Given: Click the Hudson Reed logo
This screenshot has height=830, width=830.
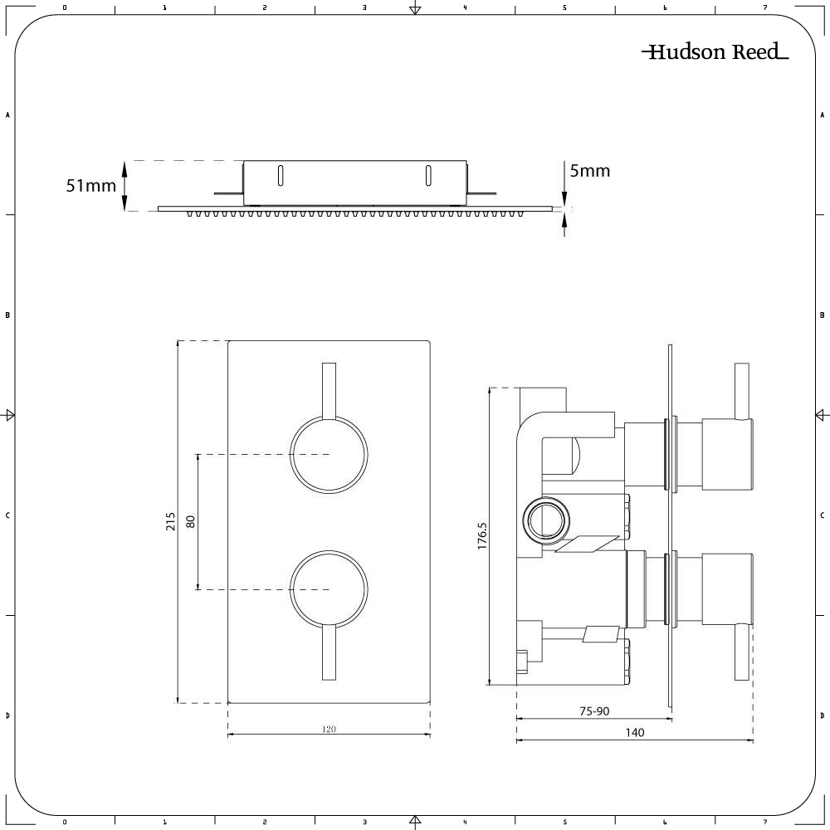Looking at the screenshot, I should [x=715, y=52].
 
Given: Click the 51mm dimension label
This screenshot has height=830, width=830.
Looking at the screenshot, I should [x=91, y=186].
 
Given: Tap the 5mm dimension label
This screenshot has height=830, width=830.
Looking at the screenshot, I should [x=589, y=171].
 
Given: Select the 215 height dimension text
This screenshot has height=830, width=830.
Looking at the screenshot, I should [x=171, y=521].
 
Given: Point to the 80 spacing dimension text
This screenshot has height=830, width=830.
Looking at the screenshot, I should [x=190, y=521].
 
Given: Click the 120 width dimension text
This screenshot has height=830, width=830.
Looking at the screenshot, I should [x=329, y=729].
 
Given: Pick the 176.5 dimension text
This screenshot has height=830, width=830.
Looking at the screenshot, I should [x=482, y=535].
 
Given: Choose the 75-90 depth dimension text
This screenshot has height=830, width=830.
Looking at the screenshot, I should [x=594, y=710].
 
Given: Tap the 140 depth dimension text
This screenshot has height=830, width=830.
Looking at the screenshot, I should [x=634, y=732].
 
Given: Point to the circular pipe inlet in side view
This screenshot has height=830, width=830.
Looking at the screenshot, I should [x=548, y=521].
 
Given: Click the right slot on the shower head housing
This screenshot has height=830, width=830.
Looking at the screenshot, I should [x=428, y=174].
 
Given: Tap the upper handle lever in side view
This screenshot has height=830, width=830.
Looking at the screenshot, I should [x=743, y=390].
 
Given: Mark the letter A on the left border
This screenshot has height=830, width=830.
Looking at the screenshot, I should [x=8, y=115].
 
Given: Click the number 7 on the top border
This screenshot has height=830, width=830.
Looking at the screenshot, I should [x=764, y=7].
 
